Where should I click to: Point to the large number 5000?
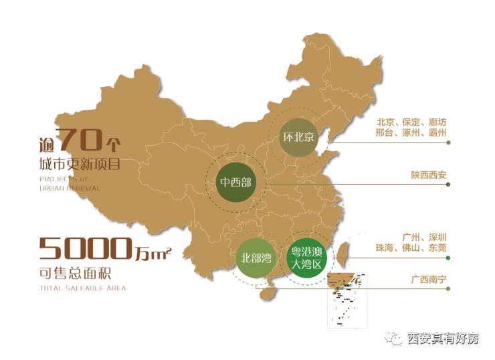tap(84, 248)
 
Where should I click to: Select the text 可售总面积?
tap(71, 274)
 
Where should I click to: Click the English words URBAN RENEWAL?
tap(70, 188)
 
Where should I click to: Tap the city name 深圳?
tap(435, 237)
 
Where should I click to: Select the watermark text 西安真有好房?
tap(443, 339)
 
